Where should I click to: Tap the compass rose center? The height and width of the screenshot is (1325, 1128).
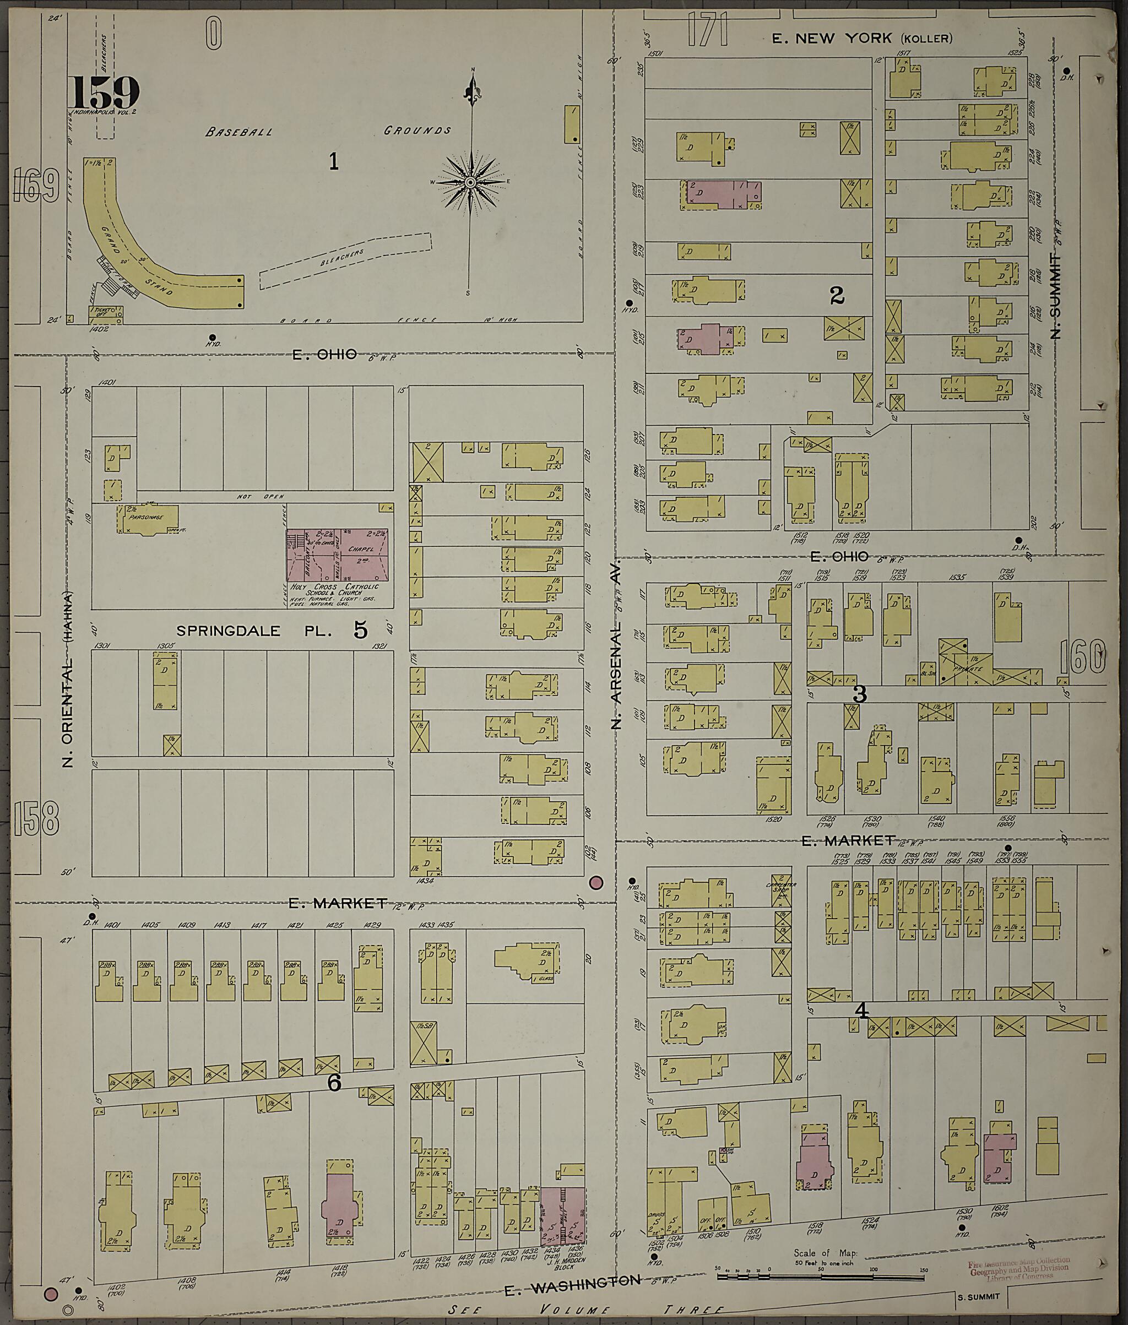point(470,182)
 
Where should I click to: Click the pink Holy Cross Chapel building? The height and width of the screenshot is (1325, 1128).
point(337,555)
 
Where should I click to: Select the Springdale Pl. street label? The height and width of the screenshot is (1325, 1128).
point(254,631)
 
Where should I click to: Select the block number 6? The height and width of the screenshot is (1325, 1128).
point(334,1082)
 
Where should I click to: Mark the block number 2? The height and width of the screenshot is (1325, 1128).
point(837,295)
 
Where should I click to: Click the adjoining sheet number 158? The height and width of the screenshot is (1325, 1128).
point(35,818)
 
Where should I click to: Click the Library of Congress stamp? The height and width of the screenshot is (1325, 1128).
point(1017,1269)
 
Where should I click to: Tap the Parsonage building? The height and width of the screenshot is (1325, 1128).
point(147,518)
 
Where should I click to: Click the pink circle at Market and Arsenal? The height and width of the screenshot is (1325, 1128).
point(595,883)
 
